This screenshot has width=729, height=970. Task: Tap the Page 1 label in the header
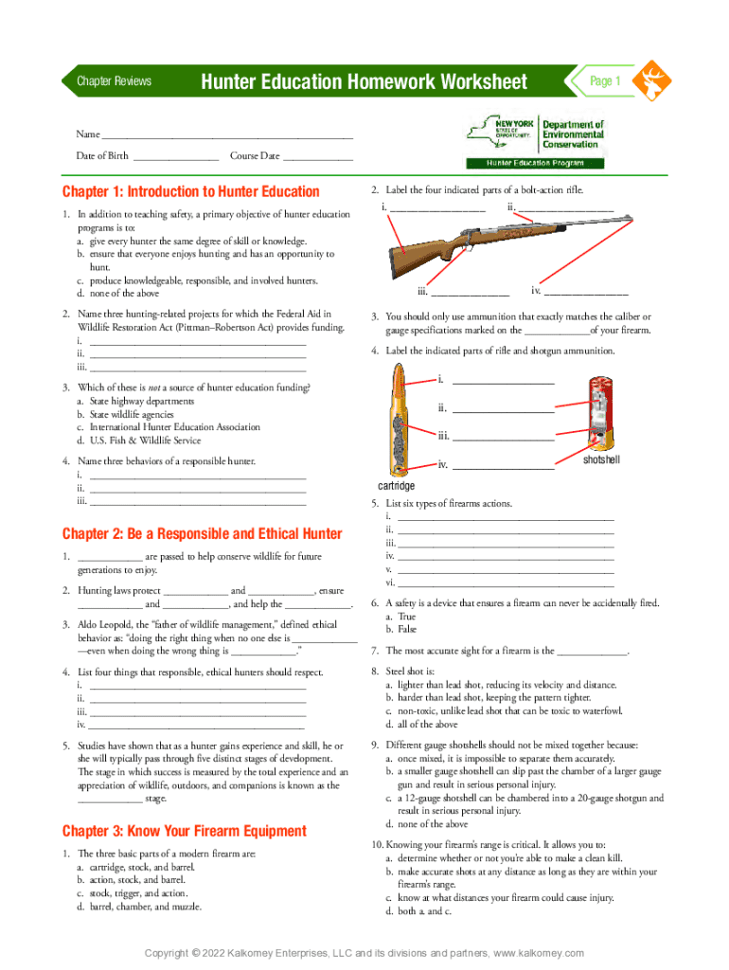(605, 81)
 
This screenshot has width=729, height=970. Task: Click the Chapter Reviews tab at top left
(114, 81)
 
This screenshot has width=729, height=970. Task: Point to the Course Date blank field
(318, 156)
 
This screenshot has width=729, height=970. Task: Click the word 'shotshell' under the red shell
(600, 459)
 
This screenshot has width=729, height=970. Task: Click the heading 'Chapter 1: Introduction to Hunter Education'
(190, 191)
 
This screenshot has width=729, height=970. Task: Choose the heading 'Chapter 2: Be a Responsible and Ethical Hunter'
(202, 533)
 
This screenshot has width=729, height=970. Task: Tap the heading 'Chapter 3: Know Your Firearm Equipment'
(184, 831)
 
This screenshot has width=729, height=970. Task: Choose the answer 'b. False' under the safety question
(401, 629)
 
